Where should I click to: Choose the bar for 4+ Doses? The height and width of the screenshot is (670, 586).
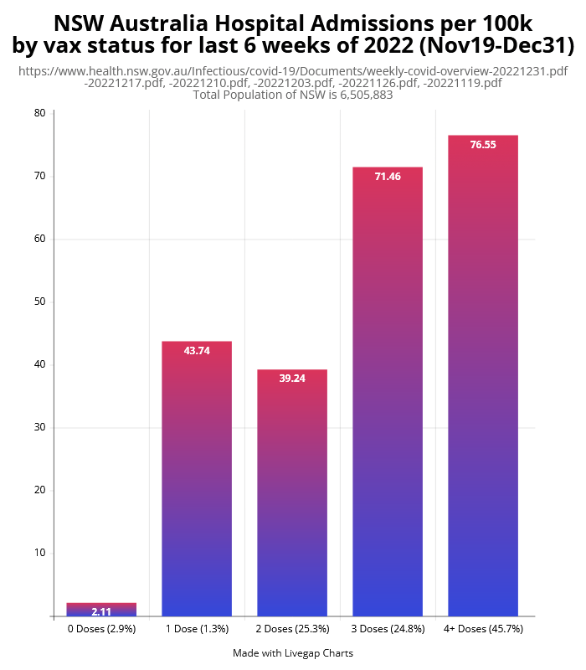[x=483, y=376]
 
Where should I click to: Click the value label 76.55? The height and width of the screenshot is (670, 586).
[x=483, y=145]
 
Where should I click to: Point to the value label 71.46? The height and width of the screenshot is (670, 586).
[x=388, y=177]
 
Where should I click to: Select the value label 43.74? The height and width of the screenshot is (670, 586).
[x=197, y=351]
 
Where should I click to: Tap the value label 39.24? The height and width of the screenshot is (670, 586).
[x=292, y=379]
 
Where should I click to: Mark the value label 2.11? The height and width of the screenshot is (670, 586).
[x=101, y=612]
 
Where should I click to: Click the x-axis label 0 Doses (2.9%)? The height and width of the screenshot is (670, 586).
[x=101, y=629]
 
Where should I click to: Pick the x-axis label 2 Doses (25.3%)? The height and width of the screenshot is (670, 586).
[x=292, y=629]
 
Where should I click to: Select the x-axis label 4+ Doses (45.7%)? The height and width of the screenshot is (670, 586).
[x=483, y=629]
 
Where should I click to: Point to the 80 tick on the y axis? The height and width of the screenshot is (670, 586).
[x=39, y=113]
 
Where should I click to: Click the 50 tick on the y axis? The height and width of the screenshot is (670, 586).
[x=39, y=301]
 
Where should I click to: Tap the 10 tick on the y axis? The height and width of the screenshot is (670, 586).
[x=39, y=553]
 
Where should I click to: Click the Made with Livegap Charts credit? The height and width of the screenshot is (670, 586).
[x=293, y=653]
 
